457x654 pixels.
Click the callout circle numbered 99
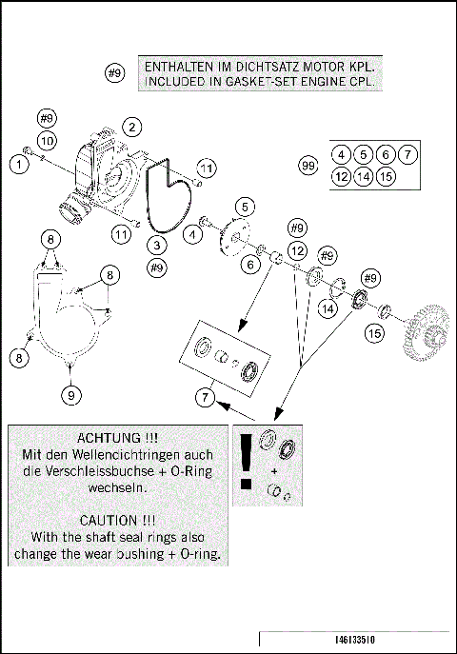308,166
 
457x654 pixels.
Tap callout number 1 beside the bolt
19,164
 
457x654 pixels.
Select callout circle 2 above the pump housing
132,127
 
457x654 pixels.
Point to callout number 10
47,141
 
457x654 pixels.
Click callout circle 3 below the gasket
157,245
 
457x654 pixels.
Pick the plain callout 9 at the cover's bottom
70,394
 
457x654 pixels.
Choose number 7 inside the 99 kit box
407,155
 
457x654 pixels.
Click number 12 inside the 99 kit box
342,176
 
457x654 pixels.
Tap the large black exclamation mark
247,462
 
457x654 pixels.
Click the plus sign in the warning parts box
274,471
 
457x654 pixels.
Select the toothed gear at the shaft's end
425,332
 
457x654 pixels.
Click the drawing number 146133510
355,640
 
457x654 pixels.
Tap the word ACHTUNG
109,438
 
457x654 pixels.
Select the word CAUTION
109,521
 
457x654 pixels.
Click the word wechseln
118,487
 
